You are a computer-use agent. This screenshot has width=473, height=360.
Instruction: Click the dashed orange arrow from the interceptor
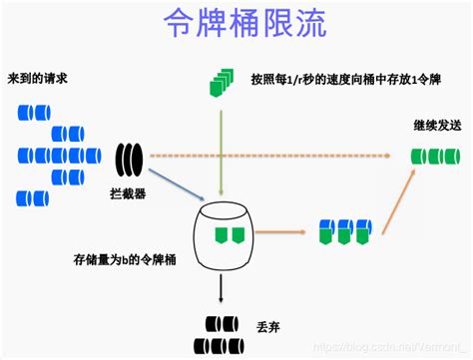click(x=279, y=156)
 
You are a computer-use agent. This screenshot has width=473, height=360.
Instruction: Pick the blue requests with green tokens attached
click(x=344, y=231)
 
